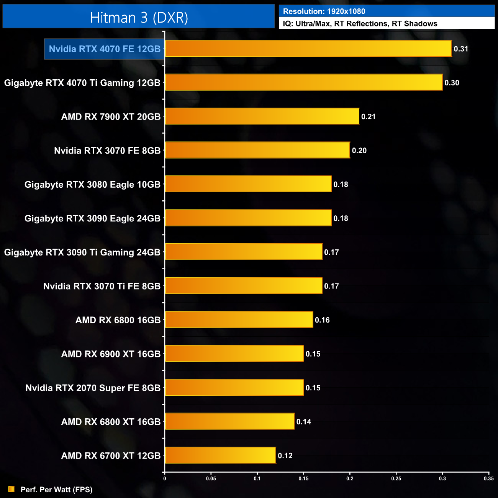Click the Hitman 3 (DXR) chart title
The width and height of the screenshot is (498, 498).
point(139,18)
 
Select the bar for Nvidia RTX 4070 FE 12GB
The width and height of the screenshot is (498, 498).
point(308,49)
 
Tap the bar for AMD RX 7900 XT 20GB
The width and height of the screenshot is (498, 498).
point(262,116)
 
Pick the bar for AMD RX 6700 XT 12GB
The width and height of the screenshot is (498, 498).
point(220,455)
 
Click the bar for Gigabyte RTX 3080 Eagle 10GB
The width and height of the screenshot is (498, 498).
point(248,184)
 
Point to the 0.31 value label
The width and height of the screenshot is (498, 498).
point(461,49)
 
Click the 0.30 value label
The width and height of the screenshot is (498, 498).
point(452,83)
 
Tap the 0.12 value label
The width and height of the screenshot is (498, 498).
point(285,456)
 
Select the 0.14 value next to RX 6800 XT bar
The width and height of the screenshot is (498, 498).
point(304,422)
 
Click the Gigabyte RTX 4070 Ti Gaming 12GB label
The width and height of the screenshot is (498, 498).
point(82,83)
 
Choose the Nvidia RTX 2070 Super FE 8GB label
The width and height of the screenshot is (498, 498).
point(93,388)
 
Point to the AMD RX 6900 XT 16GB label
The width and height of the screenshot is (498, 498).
point(111,354)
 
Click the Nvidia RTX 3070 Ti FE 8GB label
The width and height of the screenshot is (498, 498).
point(102,286)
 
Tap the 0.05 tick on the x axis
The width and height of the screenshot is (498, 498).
point(211,478)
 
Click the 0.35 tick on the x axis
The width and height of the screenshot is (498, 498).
point(488,478)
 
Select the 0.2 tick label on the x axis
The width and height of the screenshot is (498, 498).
point(350,478)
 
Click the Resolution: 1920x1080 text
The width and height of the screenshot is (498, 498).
point(324,11)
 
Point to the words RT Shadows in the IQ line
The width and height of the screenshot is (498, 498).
point(414,24)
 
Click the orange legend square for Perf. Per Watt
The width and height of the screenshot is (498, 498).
point(11,489)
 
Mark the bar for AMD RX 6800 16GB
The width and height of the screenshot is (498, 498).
point(239,320)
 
